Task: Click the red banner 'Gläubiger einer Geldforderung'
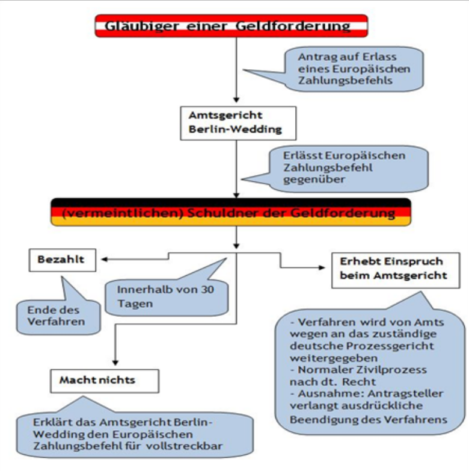231,26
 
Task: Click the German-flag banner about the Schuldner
231,213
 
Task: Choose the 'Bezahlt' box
62,260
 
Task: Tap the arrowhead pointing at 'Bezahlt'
103,260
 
